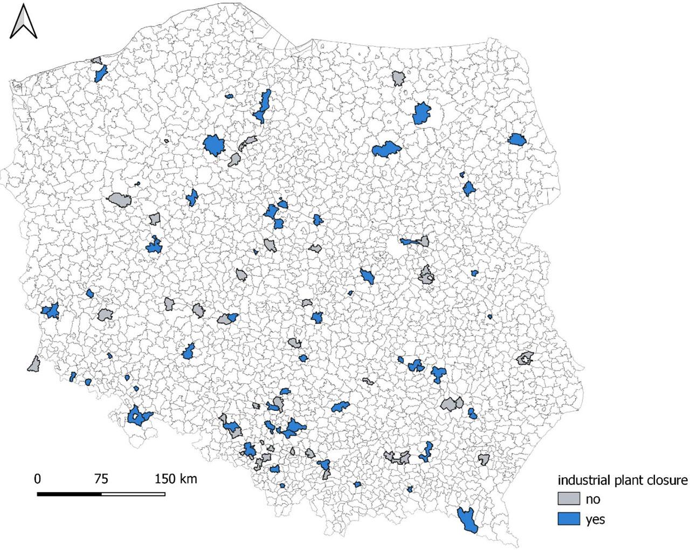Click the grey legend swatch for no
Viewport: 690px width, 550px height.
click(568, 499)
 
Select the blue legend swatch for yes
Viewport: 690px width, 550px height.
click(568, 519)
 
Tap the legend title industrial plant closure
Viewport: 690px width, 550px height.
click(623, 480)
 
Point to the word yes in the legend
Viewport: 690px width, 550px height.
click(595, 520)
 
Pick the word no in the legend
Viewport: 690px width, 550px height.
click(592, 499)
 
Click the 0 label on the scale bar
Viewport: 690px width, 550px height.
click(37, 479)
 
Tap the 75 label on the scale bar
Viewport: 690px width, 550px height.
click(101, 479)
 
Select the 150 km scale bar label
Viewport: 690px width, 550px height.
click(176, 479)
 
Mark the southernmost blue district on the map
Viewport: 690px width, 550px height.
click(467, 520)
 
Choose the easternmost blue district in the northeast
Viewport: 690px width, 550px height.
click(517, 140)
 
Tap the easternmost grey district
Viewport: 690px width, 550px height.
click(525, 358)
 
